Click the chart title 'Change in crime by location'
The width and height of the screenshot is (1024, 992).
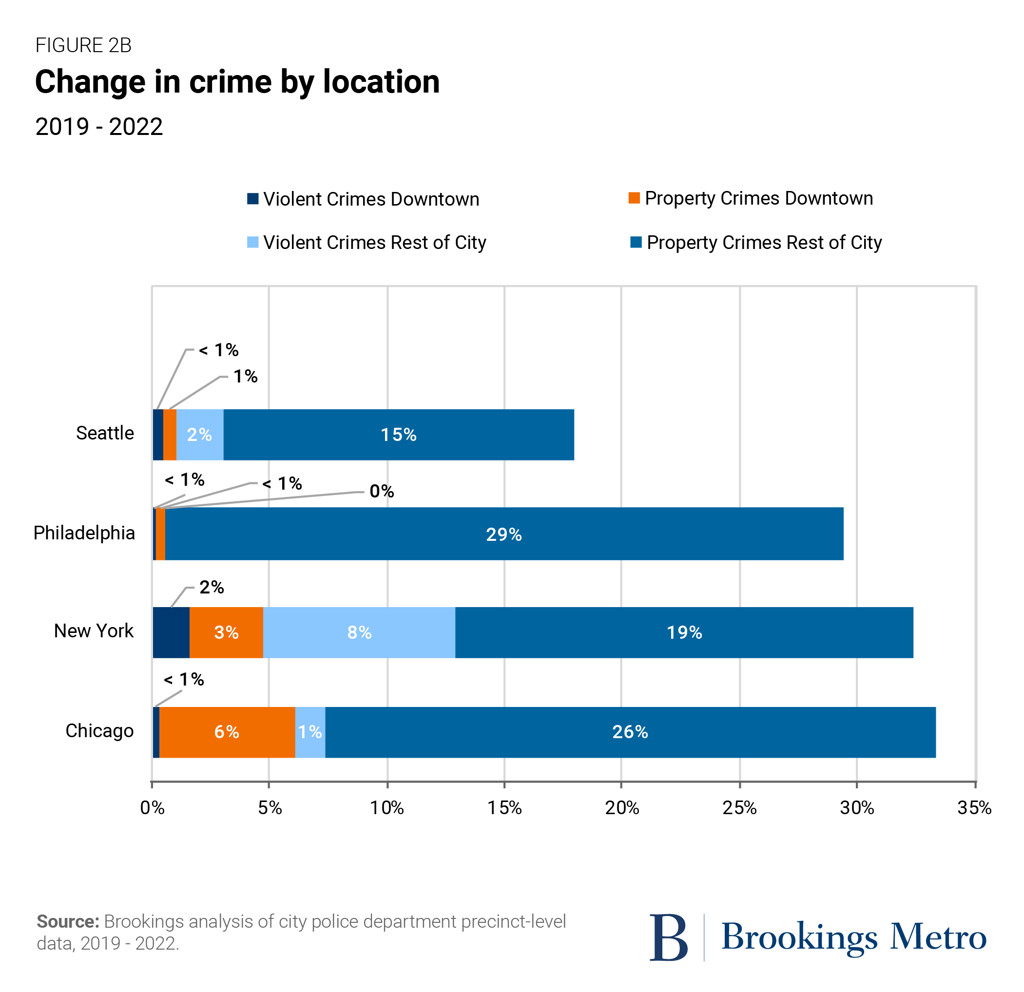[237, 82]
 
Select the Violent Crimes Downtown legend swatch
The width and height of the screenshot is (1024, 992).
[253, 198]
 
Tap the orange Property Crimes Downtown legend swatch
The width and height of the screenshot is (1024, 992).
[634, 198]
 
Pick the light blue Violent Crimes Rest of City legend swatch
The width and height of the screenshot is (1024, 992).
[253, 242]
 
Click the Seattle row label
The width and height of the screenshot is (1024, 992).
[105, 433]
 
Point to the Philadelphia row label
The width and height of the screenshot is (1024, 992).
[84, 533]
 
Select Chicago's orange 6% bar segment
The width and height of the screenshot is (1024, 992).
[227, 732]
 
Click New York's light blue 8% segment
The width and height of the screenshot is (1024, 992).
[359, 632]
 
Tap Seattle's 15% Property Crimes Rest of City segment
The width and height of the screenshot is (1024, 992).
[399, 435]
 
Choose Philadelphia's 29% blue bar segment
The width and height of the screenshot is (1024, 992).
[503, 534]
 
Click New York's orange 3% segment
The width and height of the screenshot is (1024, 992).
[226, 632]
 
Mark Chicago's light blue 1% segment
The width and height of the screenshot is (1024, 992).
[310, 732]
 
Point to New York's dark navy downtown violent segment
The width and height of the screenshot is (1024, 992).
[171, 632]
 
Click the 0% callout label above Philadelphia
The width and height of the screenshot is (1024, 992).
[382, 491]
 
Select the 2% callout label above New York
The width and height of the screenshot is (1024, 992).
[212, 587]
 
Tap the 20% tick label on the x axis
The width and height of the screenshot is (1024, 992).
[622, 808]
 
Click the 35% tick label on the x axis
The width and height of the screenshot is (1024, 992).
[974, 808]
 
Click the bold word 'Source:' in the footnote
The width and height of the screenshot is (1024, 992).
[68, 921]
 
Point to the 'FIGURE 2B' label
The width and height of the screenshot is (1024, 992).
[84, 45]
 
